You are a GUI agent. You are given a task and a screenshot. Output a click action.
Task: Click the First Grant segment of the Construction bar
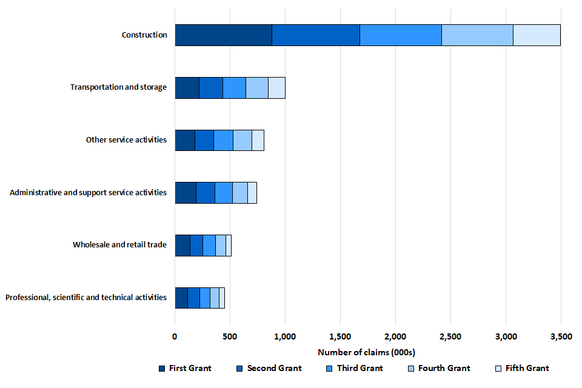tap(223, 35)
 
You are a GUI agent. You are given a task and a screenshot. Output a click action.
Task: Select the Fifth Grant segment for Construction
tap(537, 35)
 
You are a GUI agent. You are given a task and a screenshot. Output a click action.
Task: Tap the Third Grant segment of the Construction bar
tap(400, 35)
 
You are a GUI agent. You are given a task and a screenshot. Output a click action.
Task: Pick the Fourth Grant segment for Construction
tap(477, 35)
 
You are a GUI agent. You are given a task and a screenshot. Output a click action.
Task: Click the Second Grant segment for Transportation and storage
tap(211, 88)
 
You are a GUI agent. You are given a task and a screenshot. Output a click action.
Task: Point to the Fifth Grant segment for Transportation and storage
tap(276, 88)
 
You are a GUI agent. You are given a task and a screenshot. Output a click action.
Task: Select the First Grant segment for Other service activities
tap(185, 140)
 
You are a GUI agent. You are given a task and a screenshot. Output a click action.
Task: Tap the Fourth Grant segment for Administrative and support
tap(240, 193)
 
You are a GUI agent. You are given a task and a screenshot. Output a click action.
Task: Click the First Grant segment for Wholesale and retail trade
tap(182, 245)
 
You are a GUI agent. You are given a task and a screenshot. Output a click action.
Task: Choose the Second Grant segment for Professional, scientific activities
tap(193, 298)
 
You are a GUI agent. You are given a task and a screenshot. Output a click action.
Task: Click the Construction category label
tap(144, 35)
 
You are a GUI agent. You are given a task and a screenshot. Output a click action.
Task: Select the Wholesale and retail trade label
tap(119, 245)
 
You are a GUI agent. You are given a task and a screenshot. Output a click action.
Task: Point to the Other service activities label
tap(126, 140)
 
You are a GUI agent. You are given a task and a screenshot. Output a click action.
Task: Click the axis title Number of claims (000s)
tap(366, 352)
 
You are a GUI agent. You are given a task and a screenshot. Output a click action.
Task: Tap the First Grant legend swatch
tap(161, 368)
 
